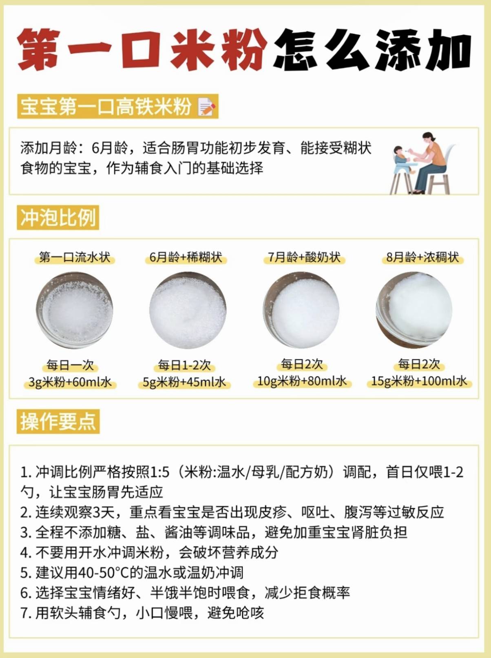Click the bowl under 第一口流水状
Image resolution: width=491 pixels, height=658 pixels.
(74, 310)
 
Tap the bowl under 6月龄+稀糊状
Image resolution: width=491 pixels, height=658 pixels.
(188, 310)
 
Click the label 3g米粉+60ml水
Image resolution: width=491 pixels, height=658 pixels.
(70, 382)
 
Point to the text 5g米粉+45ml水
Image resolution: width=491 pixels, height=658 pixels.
(184, 382)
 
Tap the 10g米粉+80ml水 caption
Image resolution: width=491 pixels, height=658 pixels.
(302, 381)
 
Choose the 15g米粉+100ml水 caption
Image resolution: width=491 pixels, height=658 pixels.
(419, 381)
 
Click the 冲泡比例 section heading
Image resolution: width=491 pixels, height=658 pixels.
(58, 217)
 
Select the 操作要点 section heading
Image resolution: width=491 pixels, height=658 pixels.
(58, 421)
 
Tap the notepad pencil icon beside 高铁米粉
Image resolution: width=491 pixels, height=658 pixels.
(206, 107)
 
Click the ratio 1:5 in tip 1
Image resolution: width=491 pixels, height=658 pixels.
(159, 473)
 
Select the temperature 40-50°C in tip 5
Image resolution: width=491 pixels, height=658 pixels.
(103, 573)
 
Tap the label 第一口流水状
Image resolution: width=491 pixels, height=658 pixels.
(75, 258)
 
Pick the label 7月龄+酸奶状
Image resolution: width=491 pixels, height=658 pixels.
(304, 258)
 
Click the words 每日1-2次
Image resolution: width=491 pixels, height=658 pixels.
(184, 365)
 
